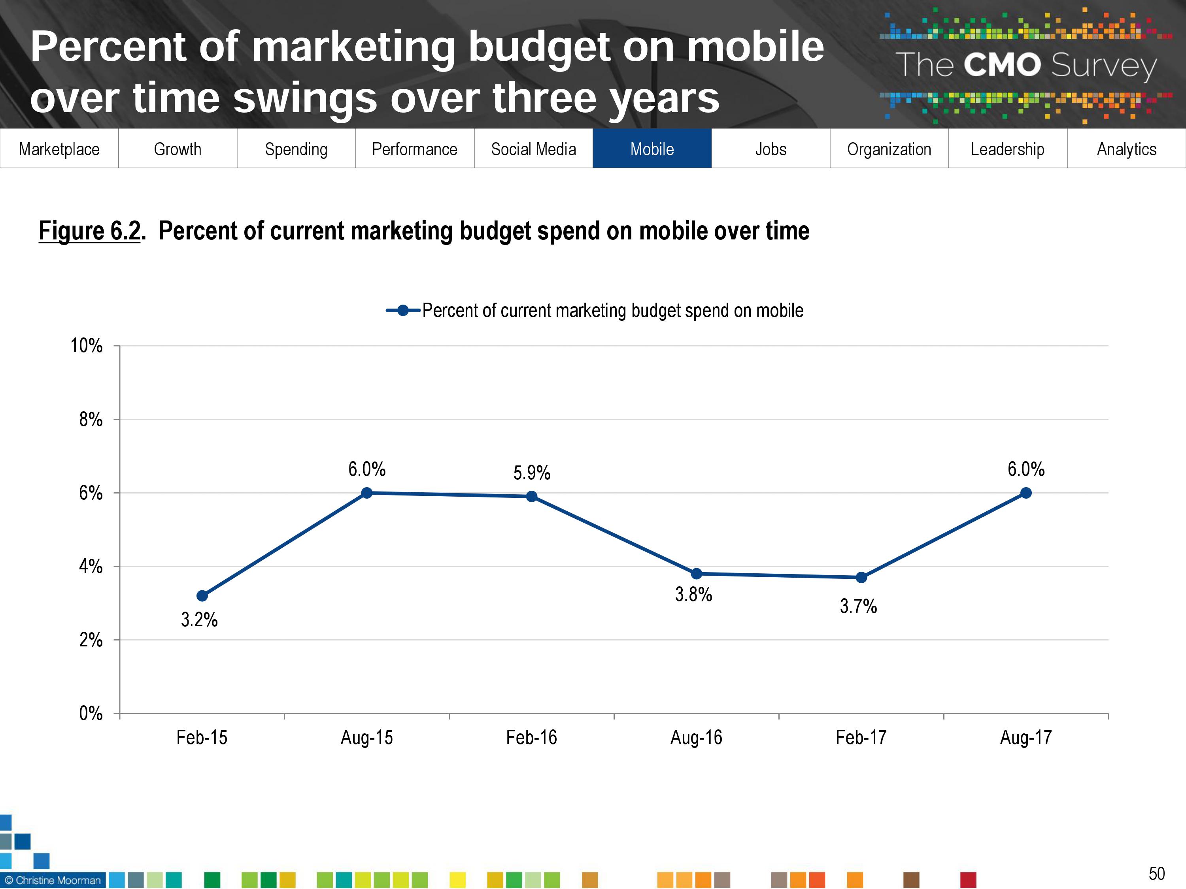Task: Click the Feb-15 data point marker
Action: click(x=202, y=596)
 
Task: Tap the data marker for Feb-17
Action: click(x=861, y=578)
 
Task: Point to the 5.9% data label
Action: click(x=532, y=473)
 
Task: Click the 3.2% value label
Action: click(x=200, y=620)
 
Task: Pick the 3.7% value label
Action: click(x=858, y=606)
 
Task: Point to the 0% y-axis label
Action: click(x=91, y=713)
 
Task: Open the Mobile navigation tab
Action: click(x=652, y=149)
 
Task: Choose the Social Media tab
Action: click(x=533, y=149)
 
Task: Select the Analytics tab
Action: click(x=1126, y=149)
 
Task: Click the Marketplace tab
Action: click(x=59, y=149)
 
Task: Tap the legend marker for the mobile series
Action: click(x=403, y=310)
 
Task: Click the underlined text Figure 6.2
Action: click(x=89, y=231)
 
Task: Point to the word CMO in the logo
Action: click(x=1002, y=65)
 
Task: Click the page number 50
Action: click(x=1156, y=874)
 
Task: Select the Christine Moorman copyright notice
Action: click(x=53, y=880)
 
